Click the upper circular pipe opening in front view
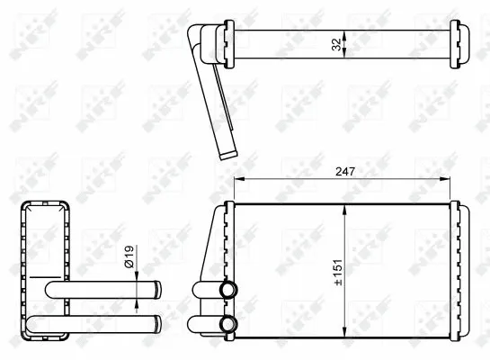point(226,290)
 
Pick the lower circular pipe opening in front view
point(226,323)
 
